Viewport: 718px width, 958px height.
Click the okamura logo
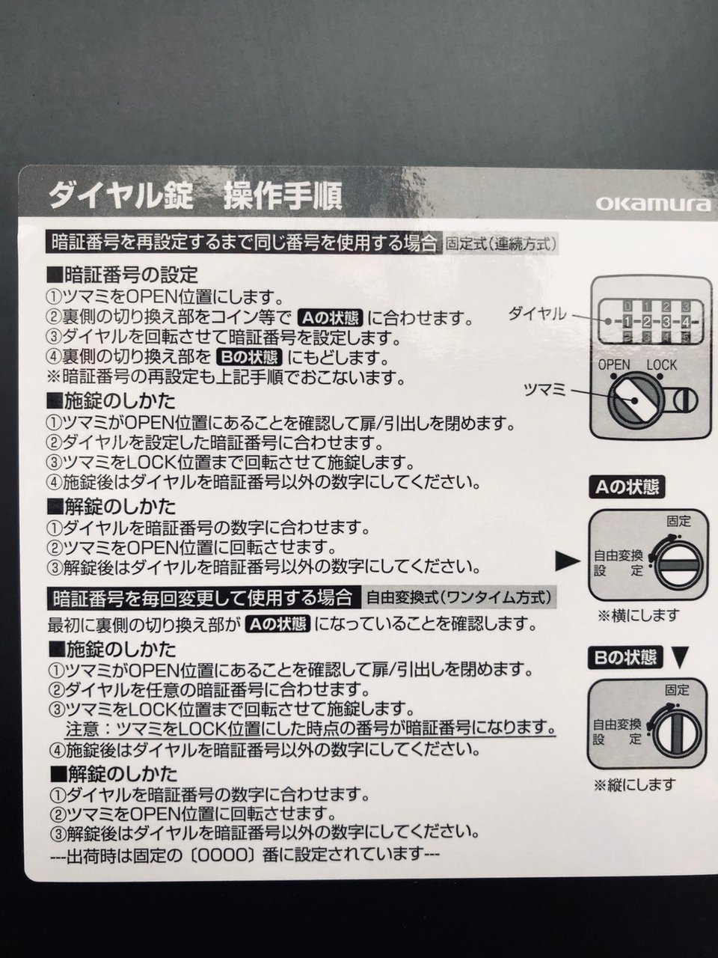point(652,204)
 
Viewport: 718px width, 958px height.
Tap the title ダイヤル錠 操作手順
point(196,195)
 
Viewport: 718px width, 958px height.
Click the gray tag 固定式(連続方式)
point(500,243)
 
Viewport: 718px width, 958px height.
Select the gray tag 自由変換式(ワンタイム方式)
point(459,597)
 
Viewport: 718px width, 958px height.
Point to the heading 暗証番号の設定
point(123,275)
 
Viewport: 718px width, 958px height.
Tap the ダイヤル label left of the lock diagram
point(537,314)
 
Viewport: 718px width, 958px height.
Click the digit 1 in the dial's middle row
point(626,323)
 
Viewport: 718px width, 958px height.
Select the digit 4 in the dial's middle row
point(685,323)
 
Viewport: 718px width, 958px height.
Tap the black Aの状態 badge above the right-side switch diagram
point(627,487)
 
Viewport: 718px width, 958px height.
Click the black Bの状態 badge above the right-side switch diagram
point(625,658)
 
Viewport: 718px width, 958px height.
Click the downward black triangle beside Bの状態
point(679,657)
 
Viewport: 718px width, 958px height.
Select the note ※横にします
point(639,615)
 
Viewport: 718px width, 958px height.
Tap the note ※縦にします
point(634,784)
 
